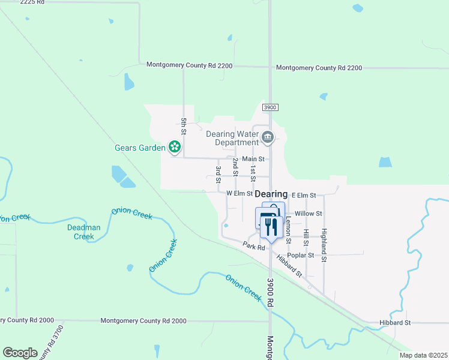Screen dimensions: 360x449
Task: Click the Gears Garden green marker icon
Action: tap(174, 146)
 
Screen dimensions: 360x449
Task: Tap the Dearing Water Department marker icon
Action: tap(268, 138)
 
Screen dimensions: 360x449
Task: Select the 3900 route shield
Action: tap(270, 107)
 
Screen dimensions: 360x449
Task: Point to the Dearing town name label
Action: tap(271, 194)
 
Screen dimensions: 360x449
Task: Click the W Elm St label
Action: tap(240, 194)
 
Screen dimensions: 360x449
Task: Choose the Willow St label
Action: tap(309, 213)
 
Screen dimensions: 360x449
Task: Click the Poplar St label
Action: tap(302, 255)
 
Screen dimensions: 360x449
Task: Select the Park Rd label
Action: tap(255, 246)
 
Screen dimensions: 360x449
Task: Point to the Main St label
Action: tap(253, 159)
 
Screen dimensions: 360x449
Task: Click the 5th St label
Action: tap(184, 127)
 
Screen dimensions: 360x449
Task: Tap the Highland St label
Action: tap(324, 245)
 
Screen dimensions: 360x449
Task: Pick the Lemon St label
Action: tap(288, 230)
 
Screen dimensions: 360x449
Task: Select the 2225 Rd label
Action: tap(32, 2)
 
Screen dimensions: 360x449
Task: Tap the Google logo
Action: tap(20, 352)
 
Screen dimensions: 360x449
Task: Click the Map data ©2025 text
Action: tap(423, 355)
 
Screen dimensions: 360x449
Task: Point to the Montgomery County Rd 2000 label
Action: tap(143, 321)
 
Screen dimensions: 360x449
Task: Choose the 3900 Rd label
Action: tap(270, 293)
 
